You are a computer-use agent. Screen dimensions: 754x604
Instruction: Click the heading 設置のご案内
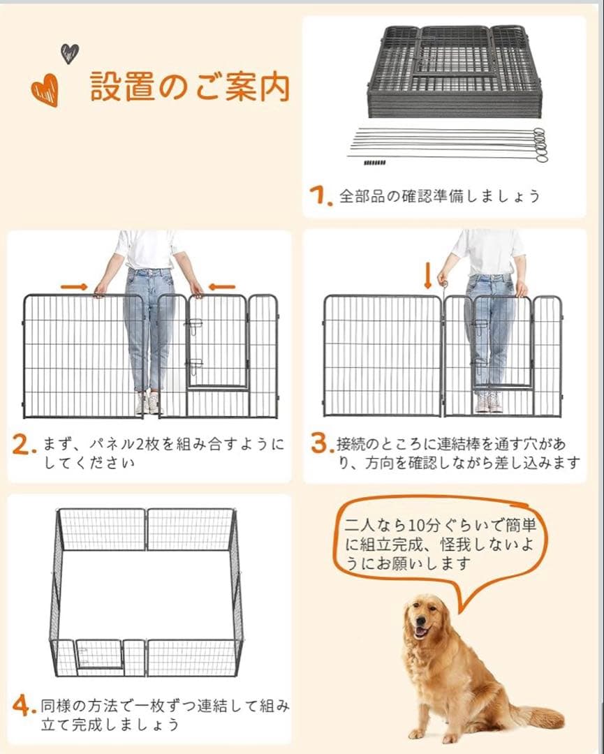tap(189, 87)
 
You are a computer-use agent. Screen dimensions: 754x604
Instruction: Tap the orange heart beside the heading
tap(45, 91)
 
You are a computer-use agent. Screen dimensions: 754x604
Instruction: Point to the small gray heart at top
tap(69, 53)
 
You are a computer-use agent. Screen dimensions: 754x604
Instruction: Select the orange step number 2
tap(24, 445)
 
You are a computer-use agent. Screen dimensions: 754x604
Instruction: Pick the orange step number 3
tap(320, 444)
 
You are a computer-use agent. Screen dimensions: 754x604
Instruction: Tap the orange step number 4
tap(24, 707)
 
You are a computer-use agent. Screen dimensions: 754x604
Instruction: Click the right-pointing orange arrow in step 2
tap(74, 286)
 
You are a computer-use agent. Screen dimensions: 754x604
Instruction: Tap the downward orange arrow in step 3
tap(427, 274)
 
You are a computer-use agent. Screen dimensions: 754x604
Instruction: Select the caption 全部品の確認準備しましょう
tap(439, 196)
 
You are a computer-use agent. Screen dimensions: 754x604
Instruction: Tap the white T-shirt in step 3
tap(489, 251)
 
